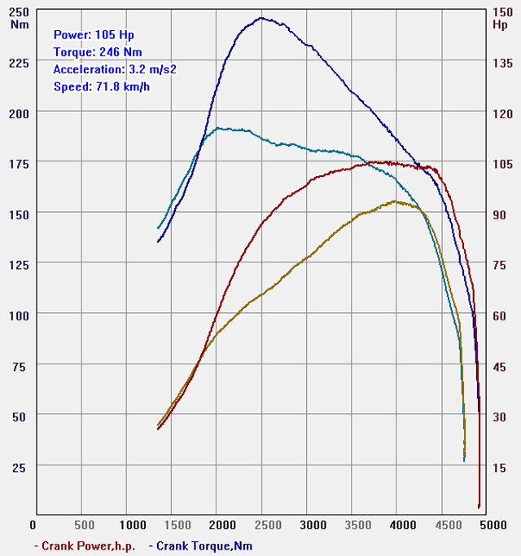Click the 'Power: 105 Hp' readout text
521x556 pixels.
click(x=94, y=35)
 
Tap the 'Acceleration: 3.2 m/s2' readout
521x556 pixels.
click(x=115, y=69)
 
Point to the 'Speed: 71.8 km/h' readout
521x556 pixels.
click(x=102, y=86)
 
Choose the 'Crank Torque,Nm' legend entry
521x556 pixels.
click(x=205, y=545)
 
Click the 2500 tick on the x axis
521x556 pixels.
click(x=262, y=526)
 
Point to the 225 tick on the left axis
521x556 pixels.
click(x=18, y=63)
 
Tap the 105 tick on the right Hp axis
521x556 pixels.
click(x=501, y=164)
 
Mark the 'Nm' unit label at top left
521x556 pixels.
click(x=20, y=24)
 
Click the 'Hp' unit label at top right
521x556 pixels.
click(x=500, y=24)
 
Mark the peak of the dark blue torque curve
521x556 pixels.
click(x=261, y=18)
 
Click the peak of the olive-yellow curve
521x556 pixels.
click(x=395, y=201)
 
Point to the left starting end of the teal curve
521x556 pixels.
click(x=158, y=227)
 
